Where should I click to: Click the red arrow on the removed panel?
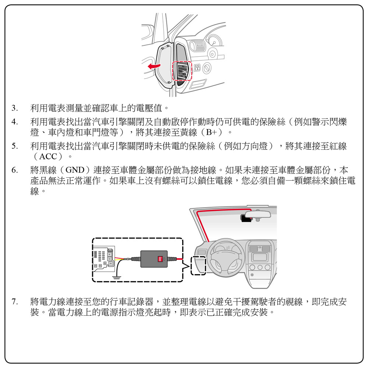pos(154,66)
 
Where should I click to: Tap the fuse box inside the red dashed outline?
pos(182,71)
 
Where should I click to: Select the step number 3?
pos(15,108)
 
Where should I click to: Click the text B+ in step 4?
pos(211,132)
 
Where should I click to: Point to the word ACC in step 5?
pos(48,156)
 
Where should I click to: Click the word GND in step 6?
pos(75,170)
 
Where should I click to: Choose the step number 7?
pos(15,302)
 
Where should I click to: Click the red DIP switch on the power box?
pos(160,259)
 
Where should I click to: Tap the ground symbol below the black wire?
pos(117,278)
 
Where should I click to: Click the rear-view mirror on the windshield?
pos(258,214)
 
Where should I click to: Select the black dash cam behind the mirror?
pos(246,218)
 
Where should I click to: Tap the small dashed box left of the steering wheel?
pos(198,266)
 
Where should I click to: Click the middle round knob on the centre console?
pos(260,267)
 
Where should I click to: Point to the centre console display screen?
pos(259,257)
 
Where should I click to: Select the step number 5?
pos(15,146)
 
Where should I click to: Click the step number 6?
pos(15,170)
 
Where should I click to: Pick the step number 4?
pos(15,122)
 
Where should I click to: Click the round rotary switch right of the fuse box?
pos(207,68)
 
